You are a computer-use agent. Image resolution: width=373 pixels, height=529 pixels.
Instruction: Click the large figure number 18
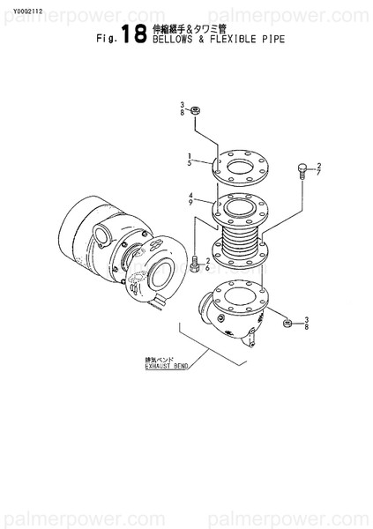coord(135,34)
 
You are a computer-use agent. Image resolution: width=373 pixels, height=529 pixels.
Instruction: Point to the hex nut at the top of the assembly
coord(196,110)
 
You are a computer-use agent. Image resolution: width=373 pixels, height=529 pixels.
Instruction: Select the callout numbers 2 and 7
coord(318,169)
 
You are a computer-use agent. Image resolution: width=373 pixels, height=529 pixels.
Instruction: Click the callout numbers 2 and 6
coord(207,264)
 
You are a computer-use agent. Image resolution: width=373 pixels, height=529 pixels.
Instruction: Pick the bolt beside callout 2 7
coord(302,168)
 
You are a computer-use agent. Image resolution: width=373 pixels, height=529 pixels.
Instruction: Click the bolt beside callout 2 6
coord(192,264)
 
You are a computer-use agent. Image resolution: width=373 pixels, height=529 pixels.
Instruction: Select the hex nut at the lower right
coord(287,324)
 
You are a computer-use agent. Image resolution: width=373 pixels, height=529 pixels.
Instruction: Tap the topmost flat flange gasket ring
coord(240,165)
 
